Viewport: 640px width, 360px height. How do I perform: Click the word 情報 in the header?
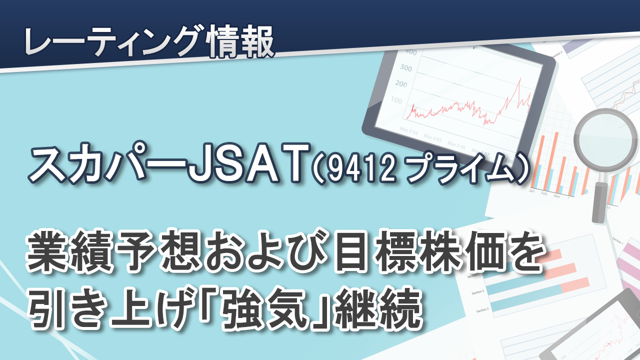click(241, 41)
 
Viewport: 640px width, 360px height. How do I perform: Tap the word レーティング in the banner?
click(115, 41)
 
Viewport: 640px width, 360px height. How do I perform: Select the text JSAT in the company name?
click(248, 162)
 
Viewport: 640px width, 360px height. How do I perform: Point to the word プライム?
click(455, 168)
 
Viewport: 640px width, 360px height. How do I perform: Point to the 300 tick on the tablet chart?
click(405, 68)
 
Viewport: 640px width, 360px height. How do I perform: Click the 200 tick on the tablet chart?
click(401, 84)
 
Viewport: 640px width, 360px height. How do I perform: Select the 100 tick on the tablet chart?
click(396, 100)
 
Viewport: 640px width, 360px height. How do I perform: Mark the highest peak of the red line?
click(519, 78)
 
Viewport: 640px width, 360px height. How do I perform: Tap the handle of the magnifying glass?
click(599, 202)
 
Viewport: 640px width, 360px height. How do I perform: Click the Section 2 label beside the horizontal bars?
click(477, 293)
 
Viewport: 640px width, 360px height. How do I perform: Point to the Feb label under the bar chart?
click(543, 193)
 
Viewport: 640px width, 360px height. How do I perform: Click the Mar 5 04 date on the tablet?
click(408, 131)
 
